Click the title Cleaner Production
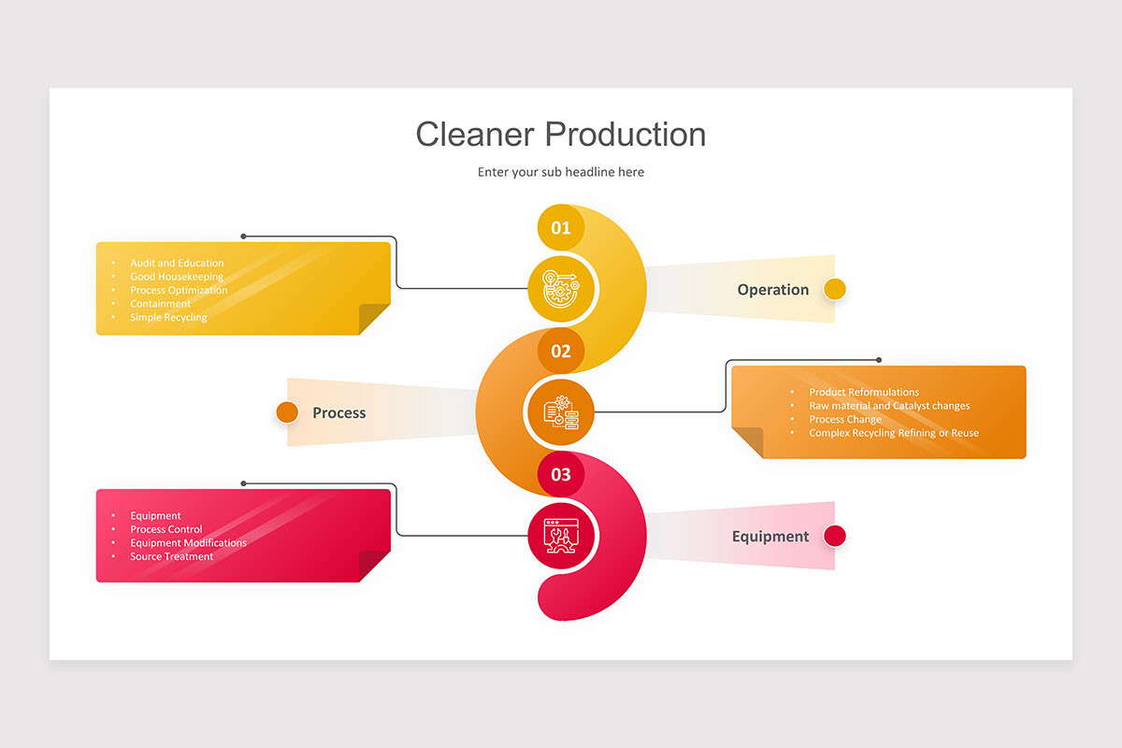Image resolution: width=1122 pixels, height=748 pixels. click(x=560, y=134)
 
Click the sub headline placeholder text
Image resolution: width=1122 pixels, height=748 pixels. click(x=560, y=172)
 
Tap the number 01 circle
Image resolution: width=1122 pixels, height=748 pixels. click(x=561, y=227)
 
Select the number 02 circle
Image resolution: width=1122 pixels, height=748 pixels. click(x=561, y=351)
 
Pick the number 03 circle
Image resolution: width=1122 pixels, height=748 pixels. click(x=561, y=474)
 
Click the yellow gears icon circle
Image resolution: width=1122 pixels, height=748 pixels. click(x=561, y=290)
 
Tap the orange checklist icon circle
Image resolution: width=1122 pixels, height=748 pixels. click(x=561, y=412)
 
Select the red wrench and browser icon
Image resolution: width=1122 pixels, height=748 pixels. click(x=561, y=536)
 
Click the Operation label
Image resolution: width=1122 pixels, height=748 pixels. click(x=772, y=290)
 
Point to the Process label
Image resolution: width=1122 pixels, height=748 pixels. click(x=338, y=413)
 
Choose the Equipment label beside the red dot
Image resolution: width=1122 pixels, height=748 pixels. click(x=770, y=537)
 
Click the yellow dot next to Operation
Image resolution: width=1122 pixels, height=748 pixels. click(x=835, y=289)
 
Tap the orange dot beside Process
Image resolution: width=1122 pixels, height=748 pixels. click(x=287, y=411)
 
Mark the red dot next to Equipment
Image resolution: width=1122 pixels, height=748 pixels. click(x=835, y=536)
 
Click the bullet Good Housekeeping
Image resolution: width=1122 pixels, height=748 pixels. click(x=177, y=277)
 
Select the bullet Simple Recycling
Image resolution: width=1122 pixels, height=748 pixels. click(x=168, y=318)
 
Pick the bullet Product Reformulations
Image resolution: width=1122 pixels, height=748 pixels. click(x=864, y=393)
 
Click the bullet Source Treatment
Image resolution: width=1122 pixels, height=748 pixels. click(x=172, y=557)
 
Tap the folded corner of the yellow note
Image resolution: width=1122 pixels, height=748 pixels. click(x=375, y=319)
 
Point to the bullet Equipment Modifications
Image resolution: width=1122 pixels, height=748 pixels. click(x=188, y=543)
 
